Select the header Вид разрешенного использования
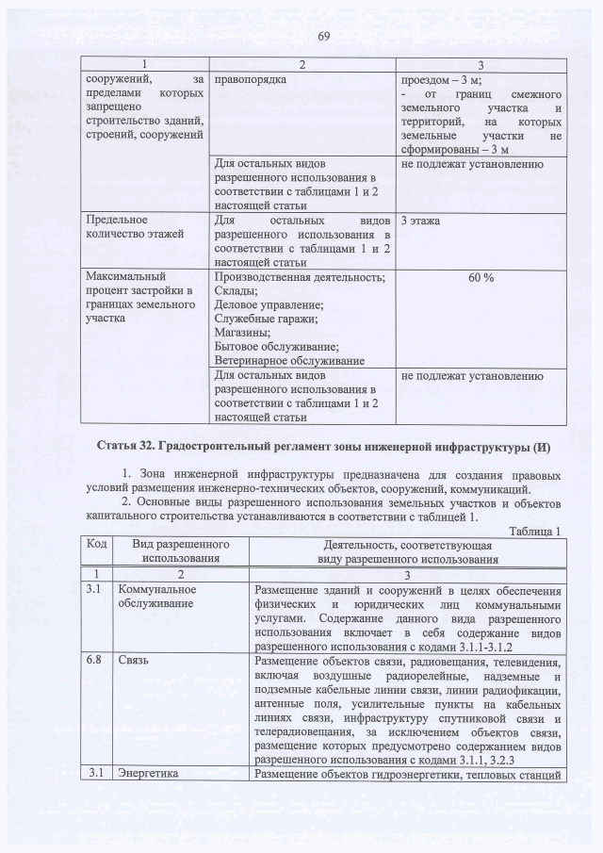tap(182, 551)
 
